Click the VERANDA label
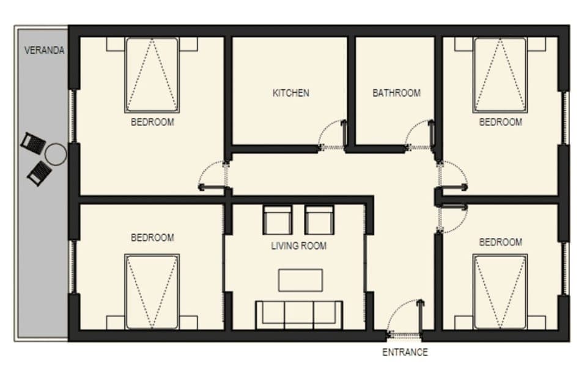click(44, 51)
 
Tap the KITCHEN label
click(290, 94)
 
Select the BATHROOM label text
click(396, 94)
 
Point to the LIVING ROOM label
click(298, 246)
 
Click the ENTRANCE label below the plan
click(405, 352)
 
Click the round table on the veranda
click(56, 154)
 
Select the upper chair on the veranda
click(33, 143)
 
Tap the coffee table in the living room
click(300, 280)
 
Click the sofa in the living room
click(299, 314)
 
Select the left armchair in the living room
click(278, 220)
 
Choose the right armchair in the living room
click(319, 220)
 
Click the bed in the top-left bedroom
click(152, 75)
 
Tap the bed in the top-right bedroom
click(500, 75)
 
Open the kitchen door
click(333, 135)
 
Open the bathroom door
click(420, 135)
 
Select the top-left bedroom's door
click(212, 177)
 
